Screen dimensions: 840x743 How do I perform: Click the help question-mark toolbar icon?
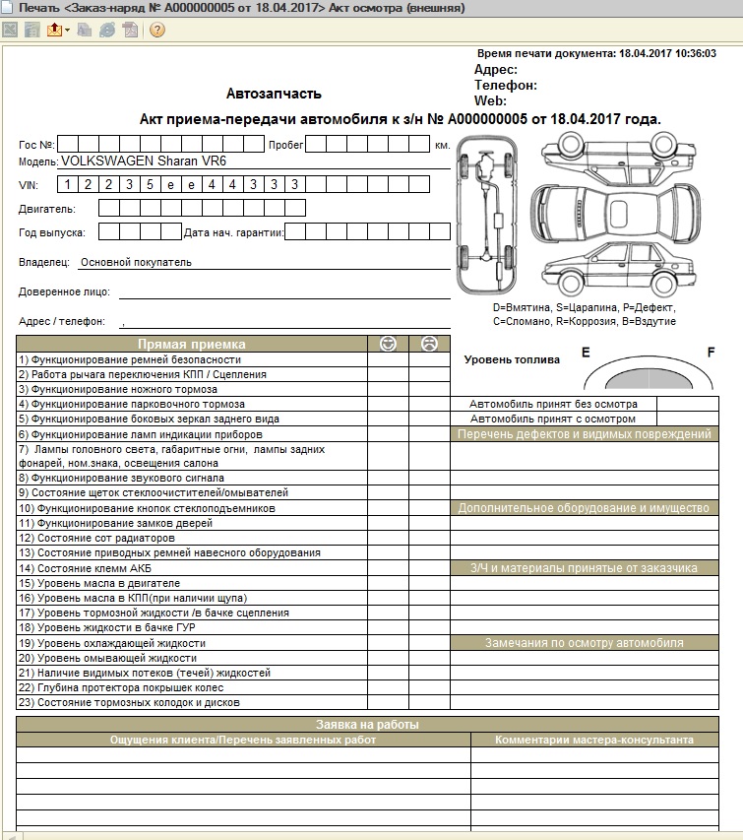pyautogui.click(x=156, y=30)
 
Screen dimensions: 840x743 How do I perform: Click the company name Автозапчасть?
pyautogui.click(x=274, y=95)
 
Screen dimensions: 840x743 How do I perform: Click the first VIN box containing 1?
pyautogui.click(x=66, y=184)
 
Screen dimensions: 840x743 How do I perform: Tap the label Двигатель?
pyautogui.click(x=46, y=209)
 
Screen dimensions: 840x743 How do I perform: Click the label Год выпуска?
pyautogui.click(x=51, y=232)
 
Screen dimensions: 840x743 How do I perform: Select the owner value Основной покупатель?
pyautogui.click(x=136, y=263)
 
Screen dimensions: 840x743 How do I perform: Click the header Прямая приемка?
pyautogui.click(x=192, y=345)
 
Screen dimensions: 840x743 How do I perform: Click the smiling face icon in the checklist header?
pyautogui.click(x=388, y=344)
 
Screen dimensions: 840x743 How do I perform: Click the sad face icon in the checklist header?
pyautogui.click(x=429, y=344)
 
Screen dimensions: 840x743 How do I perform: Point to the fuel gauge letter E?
pyautogui.click(x=586, y=352)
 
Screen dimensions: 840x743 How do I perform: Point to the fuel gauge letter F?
pyautogui.click(x=711, y=352)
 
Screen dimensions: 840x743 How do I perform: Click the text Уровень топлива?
pyautogui.click(x=511, y=360)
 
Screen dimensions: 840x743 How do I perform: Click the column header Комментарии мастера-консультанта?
pyautogui.click(x=593, y=740)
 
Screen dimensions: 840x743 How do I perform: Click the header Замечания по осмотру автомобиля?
pyautogui.click(x=584, y=643)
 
